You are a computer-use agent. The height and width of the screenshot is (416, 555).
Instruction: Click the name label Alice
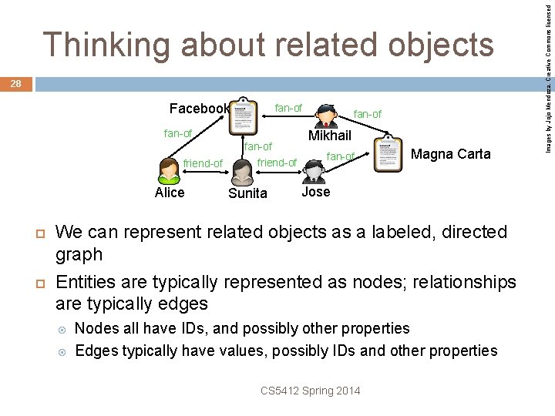(170, 193)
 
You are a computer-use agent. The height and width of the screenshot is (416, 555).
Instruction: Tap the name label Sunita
(247, 193)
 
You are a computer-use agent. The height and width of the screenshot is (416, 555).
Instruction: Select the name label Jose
(315, 191)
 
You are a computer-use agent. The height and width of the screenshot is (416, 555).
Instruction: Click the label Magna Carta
(450, 154)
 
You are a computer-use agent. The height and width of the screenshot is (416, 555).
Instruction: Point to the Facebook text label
(199, 109)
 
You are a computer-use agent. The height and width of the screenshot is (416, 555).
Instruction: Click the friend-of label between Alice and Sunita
(203, 163)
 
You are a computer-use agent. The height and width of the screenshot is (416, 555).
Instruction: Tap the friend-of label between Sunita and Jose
(277, 163)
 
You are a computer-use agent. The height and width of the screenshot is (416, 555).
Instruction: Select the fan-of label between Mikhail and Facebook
(288, 108)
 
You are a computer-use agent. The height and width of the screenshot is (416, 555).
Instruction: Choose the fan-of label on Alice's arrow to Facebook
(178, 133)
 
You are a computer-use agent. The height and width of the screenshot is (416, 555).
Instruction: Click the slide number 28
(16, 83)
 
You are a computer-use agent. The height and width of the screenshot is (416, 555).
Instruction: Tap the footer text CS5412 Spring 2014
(310, 391)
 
